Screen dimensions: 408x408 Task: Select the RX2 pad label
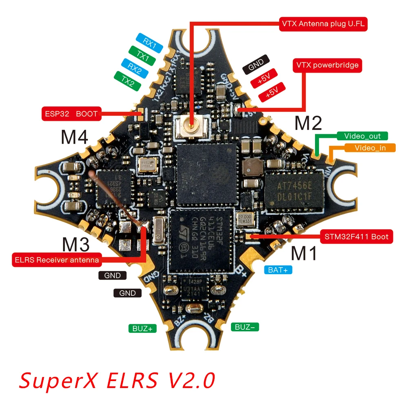coord(135,69)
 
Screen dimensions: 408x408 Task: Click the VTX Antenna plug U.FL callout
coord(322,24)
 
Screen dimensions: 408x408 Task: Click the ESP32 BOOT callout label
coord(72,114)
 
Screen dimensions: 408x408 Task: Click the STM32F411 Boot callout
coord(357,237)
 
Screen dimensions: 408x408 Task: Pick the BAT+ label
coord(278,270)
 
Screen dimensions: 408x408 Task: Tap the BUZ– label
coord(245,327)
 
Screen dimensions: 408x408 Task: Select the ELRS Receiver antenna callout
coord(56,260)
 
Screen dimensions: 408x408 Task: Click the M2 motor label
coord(308,123)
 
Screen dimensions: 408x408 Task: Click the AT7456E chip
coord(294,190)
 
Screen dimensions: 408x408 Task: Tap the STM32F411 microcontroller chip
coord(200,240)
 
